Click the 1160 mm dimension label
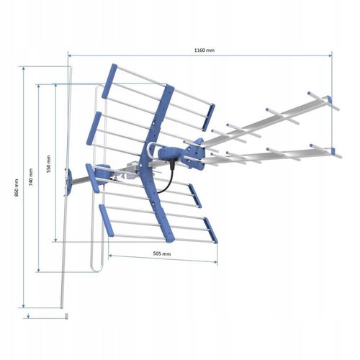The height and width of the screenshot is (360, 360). pyautogui.click(x=204, y=50)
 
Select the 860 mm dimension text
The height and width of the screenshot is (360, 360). pyautogui.click(x=17, y=188)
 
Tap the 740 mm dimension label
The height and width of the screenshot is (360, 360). pyautogui.click(x=31, y=177)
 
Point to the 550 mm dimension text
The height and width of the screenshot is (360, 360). pyautogui.click(x=49, y=164)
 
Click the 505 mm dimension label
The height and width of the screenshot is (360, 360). pyautogui.click(x=162, y=253)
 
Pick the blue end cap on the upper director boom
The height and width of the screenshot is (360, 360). pyautogui.click(x=329, y=99)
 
